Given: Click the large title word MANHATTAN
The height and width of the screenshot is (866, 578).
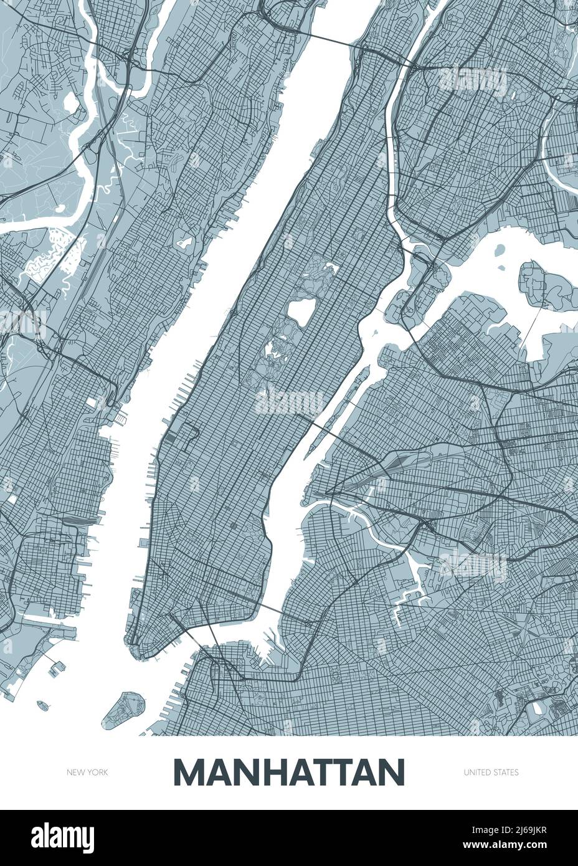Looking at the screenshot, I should pyautogui.click(x=289, y=772).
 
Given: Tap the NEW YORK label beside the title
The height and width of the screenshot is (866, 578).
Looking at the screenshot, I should pyautogui.click(x=88, y=773).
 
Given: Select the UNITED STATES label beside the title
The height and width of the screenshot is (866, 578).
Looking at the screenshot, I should pyautogui.click(x=491, y=773).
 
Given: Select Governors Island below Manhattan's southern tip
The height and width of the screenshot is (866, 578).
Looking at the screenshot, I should pyautogui.click(x=124, y=710).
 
